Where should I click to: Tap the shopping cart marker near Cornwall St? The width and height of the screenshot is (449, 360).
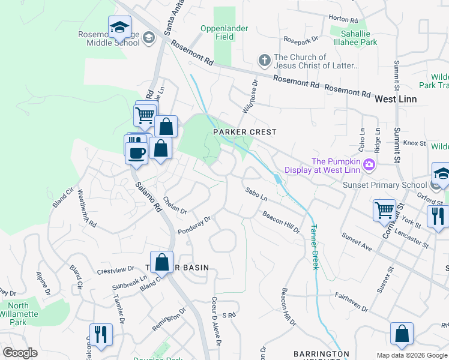pos(384,211)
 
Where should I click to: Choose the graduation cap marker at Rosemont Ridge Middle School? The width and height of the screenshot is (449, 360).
pos(119,27)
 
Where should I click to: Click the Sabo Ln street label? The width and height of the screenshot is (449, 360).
pos(256,194)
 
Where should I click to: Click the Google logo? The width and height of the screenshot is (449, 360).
pos(20,353)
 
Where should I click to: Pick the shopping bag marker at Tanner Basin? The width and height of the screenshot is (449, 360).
pos(161,262)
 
